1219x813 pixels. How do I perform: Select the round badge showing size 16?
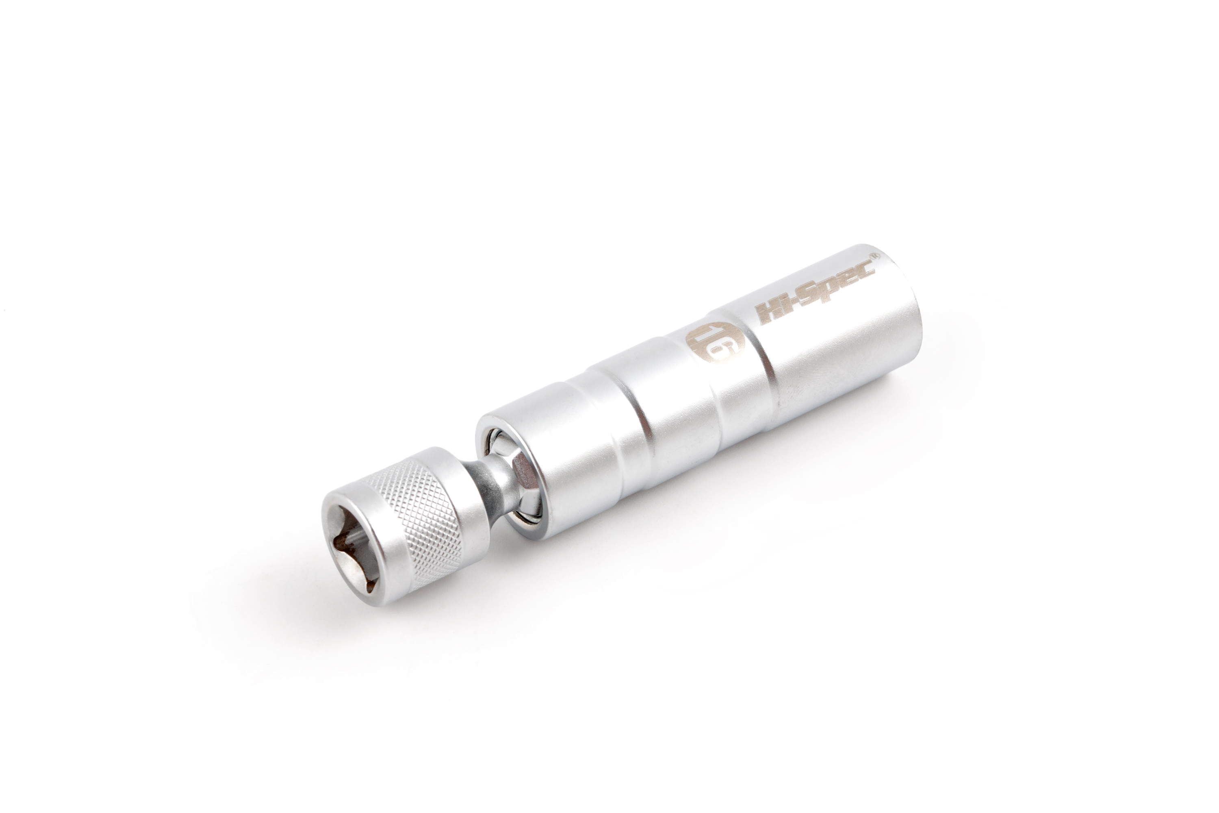(715, 342)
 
